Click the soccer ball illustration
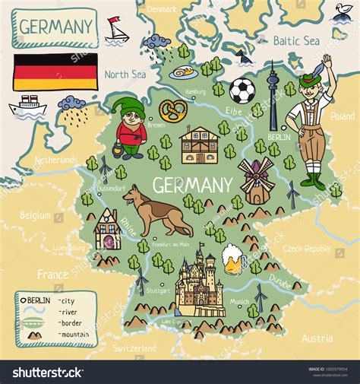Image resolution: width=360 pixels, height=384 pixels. point(243,90)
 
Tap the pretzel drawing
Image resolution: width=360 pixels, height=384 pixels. point(172,112)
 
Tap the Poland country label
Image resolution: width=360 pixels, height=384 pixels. point(343,116)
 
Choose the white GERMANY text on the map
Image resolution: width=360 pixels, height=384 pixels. point(192,185)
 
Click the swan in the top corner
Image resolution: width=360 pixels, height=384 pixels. point(342,11)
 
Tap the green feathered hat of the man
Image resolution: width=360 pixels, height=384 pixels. point(313,79)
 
